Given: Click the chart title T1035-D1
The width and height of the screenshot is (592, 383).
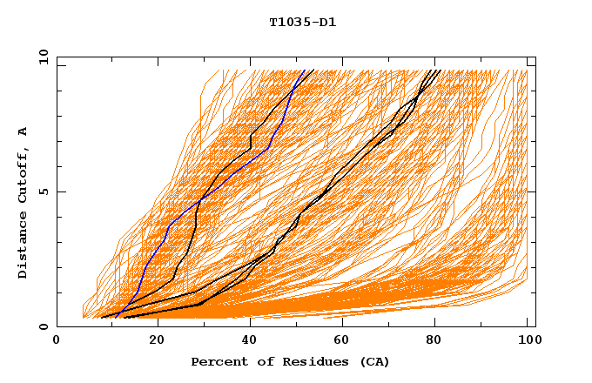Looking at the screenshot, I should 302,23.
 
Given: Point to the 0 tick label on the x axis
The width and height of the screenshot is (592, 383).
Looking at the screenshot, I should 57,340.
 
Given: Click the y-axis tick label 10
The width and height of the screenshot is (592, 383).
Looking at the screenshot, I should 43,57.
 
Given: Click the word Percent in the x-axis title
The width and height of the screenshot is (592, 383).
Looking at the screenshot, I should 217,362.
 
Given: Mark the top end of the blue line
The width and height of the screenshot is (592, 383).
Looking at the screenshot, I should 305,71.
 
